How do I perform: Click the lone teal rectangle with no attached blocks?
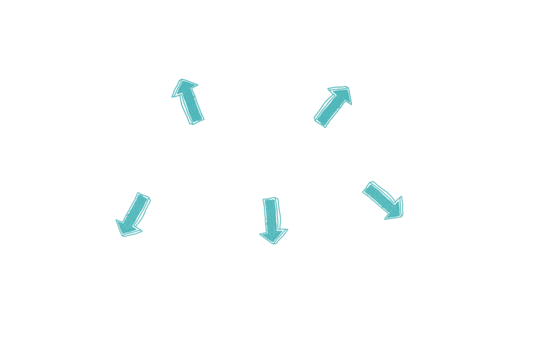[x=383, y=201]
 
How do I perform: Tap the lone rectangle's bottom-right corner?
[x=404, y=220]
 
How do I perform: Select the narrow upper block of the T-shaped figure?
[x=272, y=210]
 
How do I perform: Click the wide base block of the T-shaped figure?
[x=274, y=234]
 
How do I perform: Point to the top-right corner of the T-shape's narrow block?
[x=282, y=197]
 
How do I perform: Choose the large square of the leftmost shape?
[x=133, y=207]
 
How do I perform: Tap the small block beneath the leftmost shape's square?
[x=129, y=230]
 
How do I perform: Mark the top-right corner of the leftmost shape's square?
[x=151, y=192]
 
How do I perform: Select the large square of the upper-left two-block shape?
[x=186, y=94]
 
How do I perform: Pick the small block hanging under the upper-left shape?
[x=194, y=119]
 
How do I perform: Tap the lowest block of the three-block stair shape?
[x=325, y=120]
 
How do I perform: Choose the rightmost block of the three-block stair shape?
[x=345, y=98]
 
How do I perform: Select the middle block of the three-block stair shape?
[x=327, y=99]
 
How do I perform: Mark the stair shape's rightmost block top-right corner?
[x=352, y=86]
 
